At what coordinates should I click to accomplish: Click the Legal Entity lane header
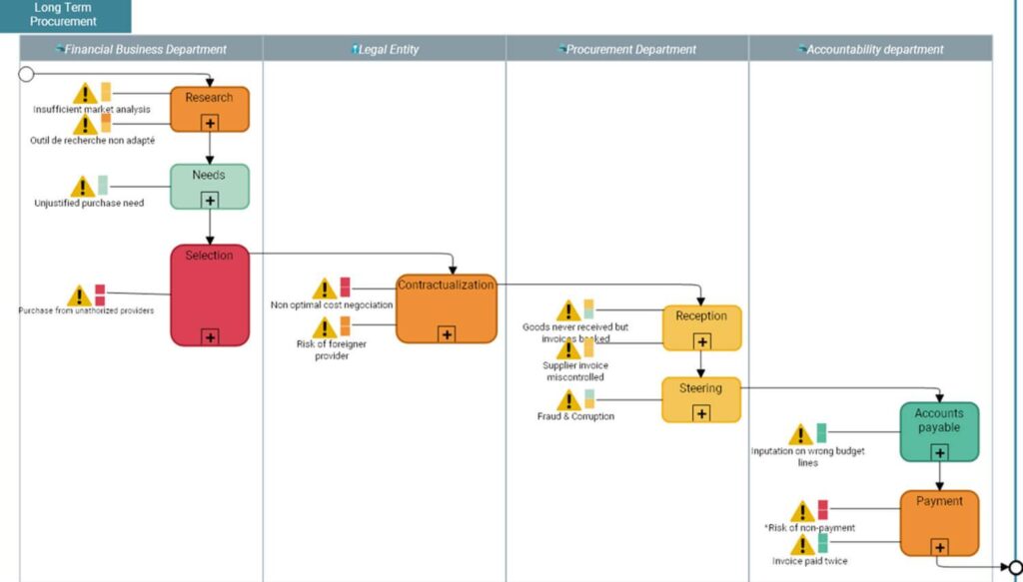tap(385, 49)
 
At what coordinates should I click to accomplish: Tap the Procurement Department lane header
tap(626, 49)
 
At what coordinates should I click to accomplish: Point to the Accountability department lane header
tap(870, 49)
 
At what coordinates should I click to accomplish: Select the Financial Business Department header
tap(141, 49)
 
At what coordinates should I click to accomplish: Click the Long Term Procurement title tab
tap(64, 15)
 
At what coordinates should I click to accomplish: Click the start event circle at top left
tap(26, 74)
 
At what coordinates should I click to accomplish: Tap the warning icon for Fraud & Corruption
tap(568, 400)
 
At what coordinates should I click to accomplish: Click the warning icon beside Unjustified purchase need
tap(83, 187)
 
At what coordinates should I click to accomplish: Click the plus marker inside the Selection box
tap(210, 336)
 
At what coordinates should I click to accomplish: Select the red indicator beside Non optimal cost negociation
tap(346, 288)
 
